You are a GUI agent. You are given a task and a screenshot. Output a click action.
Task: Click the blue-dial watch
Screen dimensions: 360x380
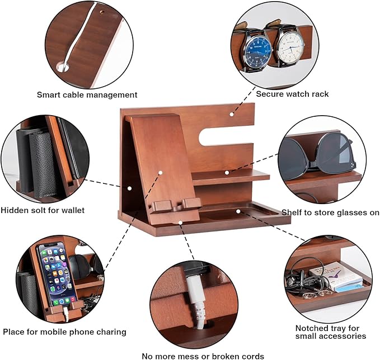click(x=258, y=49)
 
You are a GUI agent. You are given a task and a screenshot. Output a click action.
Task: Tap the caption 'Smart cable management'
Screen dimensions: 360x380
click(x=87, y=95)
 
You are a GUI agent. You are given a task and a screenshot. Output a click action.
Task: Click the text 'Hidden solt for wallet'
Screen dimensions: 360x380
click(x=43, y=210)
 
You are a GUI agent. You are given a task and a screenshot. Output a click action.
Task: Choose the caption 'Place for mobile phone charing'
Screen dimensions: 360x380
click(x=64, y=331)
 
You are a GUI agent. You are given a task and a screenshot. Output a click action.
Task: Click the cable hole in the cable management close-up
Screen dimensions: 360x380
click(x=62, y=67)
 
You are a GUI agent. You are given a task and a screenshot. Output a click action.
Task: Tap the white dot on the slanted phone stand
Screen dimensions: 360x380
click(x=159, y=173)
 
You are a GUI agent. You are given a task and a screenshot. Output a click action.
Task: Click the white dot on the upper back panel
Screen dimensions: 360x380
click(x=231, y=115)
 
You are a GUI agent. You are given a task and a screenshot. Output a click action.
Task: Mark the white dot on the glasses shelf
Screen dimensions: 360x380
click(x=227, y=173)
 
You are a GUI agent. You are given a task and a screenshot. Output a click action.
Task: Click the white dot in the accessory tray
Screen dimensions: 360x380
click(x=238, y=211)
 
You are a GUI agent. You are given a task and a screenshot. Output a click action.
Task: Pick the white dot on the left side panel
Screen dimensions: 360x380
click(x=129, y=188)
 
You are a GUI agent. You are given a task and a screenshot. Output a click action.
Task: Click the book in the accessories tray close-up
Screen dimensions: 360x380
click(x=341, y=277)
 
